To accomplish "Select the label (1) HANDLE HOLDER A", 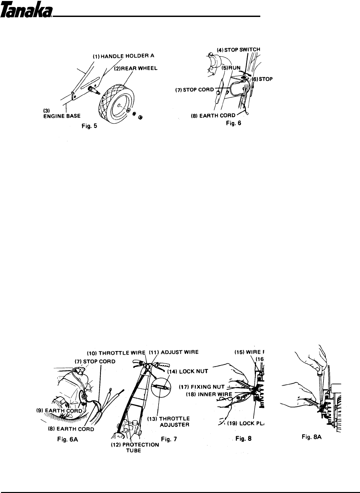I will (119, 57).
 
